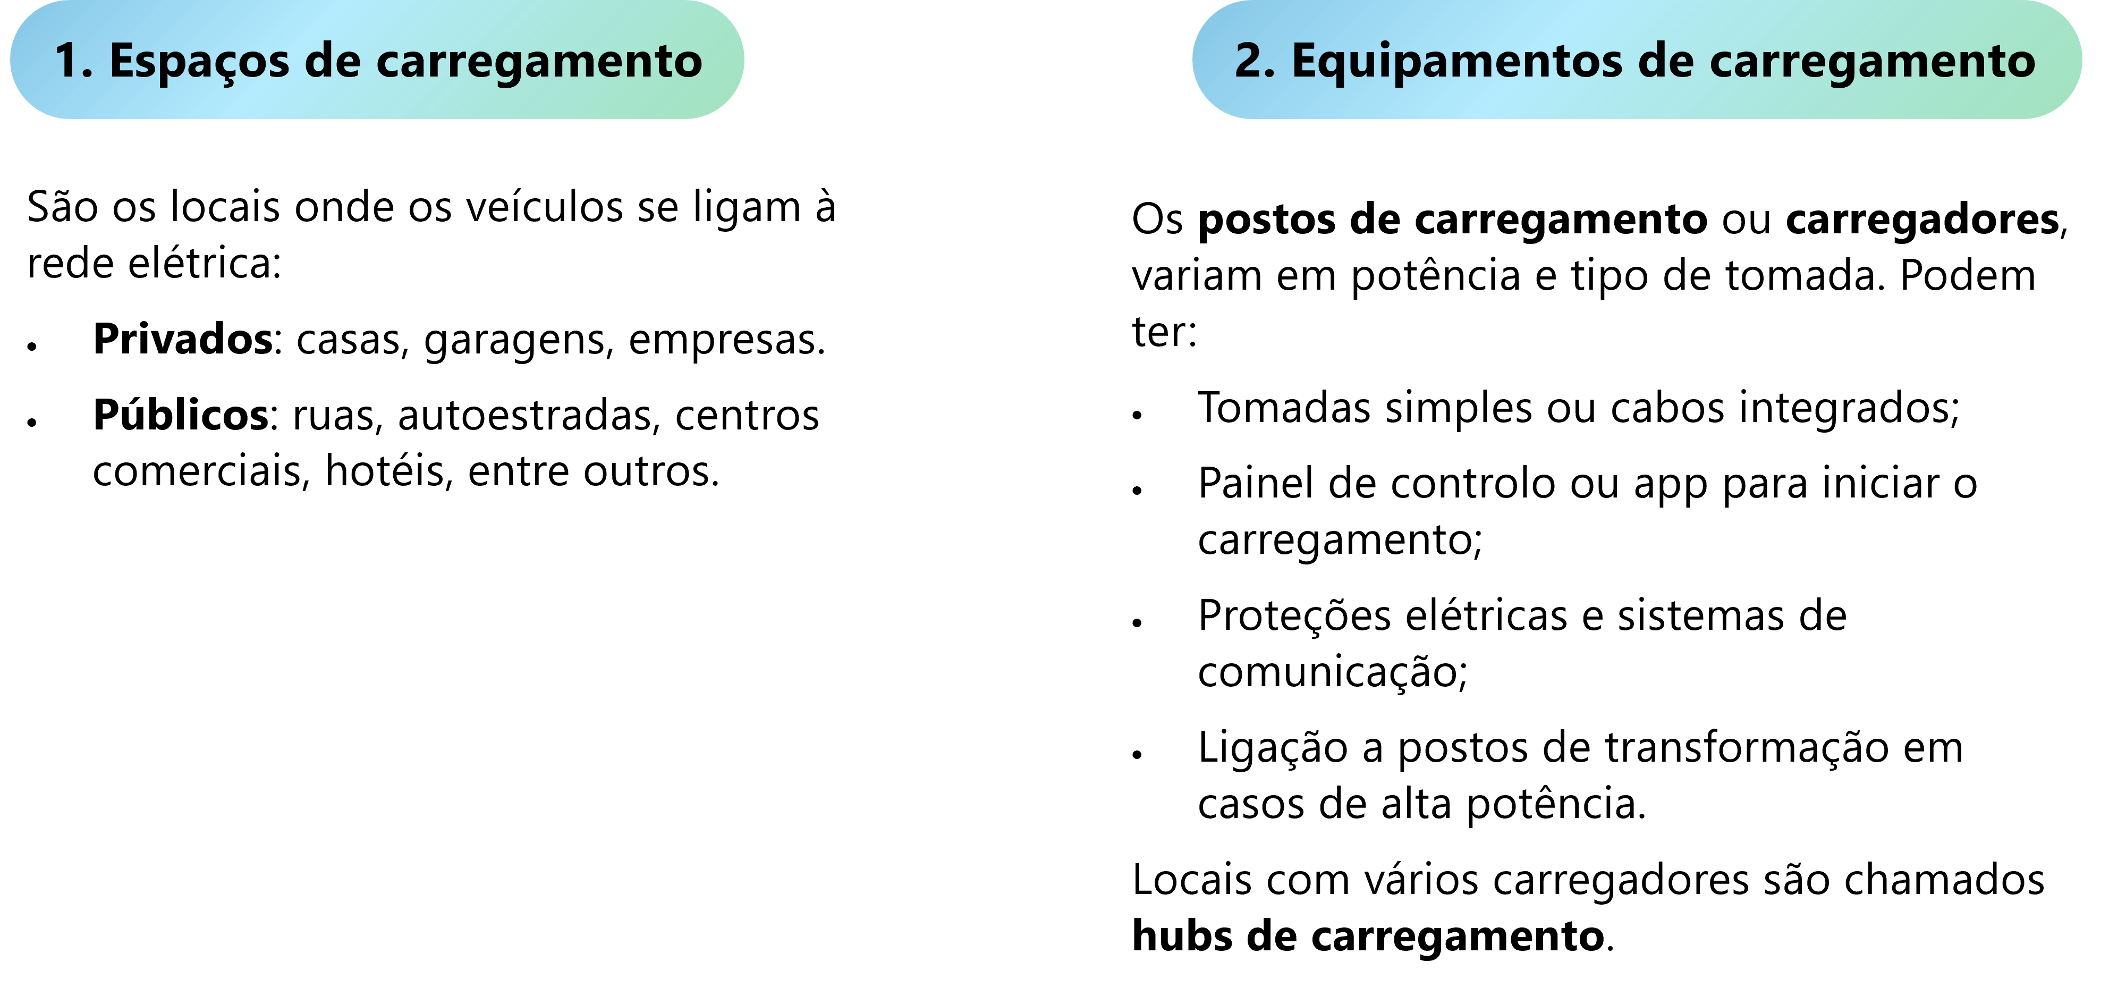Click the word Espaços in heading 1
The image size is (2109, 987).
click(x=200, y=62)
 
